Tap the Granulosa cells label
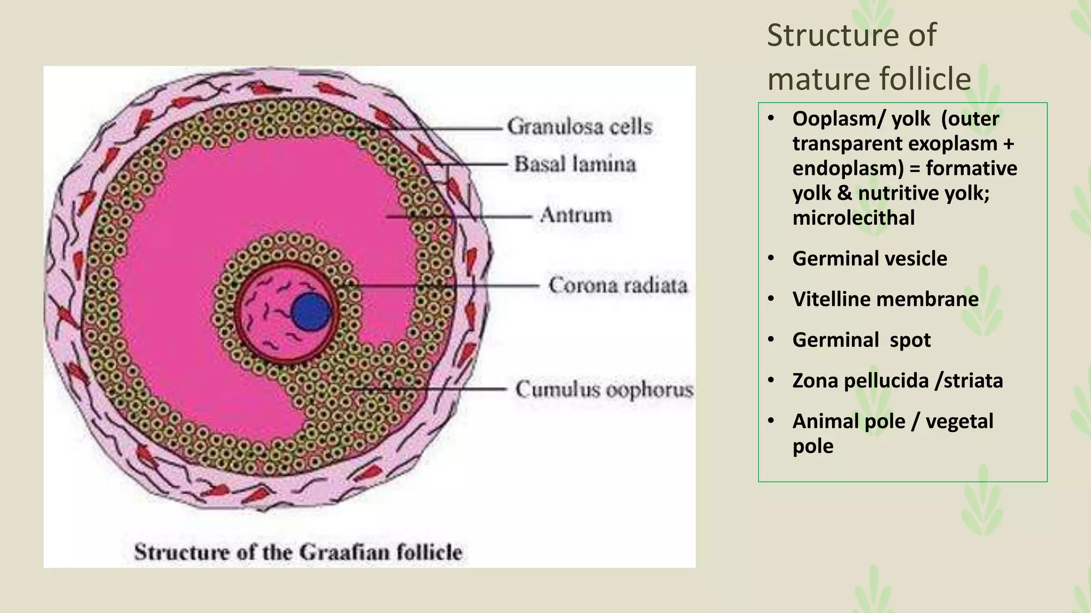[x=579, y=127]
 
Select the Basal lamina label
[x=575, y=164]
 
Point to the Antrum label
[x=576, y=215]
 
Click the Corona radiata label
[x=618, y=285]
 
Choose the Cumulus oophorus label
[x=604, y=390]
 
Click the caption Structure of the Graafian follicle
[x=298, y=552]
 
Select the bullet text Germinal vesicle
[x=869, y=259]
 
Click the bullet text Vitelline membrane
[x=885, y=299]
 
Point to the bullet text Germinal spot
[x=861, y=340]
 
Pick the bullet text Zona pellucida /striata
[x=897, y=380]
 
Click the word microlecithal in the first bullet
[x=853, y=218]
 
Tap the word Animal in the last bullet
[x=821, y=421]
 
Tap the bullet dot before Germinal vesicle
[x=771, y=259]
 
